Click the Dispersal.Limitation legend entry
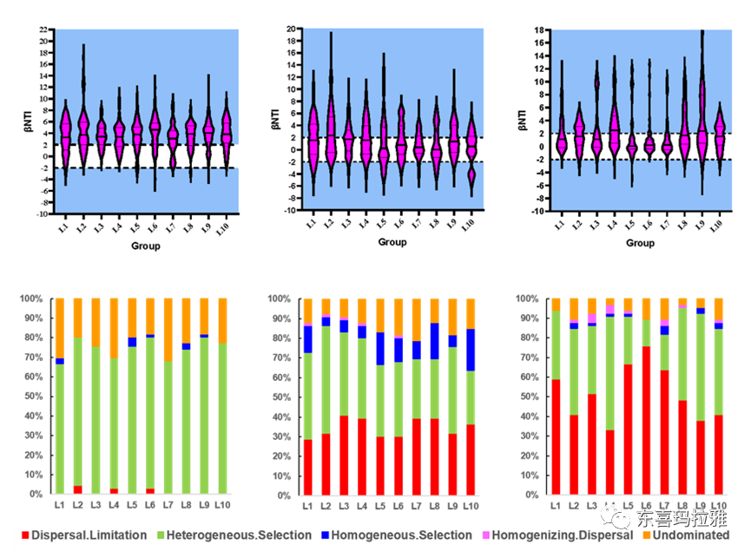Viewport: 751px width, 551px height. tap(83, 535)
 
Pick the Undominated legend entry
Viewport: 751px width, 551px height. tap(690, 535)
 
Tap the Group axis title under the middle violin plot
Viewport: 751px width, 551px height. tap(392, 242)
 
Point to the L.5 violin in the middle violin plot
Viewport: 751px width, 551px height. tap(382, 139)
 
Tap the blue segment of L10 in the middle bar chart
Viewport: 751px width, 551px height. tap(471, 350)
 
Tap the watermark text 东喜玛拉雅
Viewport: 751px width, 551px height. tap(681, 519)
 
